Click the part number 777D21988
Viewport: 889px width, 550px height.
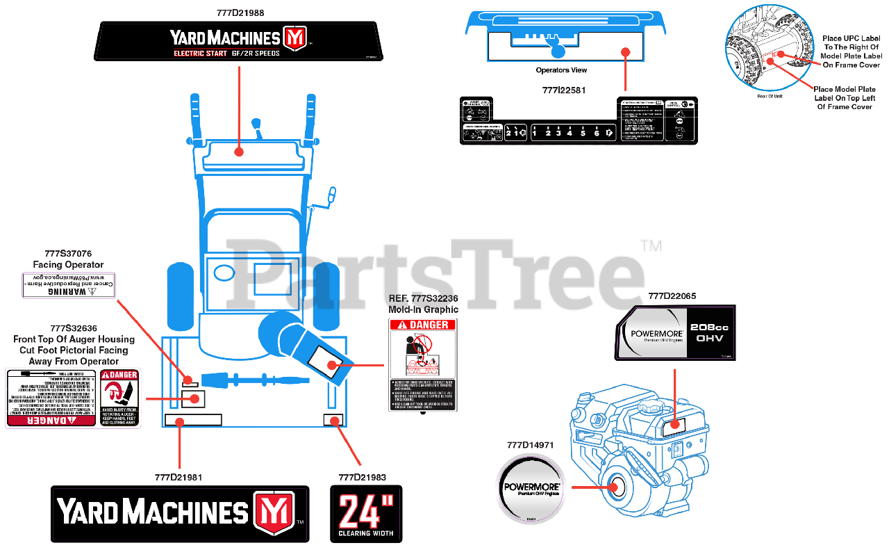pos(240,13)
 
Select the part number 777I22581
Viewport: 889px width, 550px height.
pos(563,90)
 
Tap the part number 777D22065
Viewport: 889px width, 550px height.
pos(672,296)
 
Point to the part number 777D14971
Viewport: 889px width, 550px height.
pos(530,445)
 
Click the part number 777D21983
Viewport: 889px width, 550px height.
pos(362,477)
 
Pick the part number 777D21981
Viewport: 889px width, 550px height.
pos(178,477)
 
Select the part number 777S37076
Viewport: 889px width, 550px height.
pos(68,254)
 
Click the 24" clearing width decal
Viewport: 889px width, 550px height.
pos(365,514)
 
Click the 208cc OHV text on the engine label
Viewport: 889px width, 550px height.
pos(707,332)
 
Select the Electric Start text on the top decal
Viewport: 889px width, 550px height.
pos(200,54)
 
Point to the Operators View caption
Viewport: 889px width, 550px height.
pos(561,70)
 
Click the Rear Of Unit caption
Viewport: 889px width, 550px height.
pos(769,96)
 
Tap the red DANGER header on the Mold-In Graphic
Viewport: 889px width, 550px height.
pos(422,325)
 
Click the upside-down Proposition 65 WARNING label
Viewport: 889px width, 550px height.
pos(68,286)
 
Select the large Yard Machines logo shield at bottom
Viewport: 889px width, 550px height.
pos(274,512)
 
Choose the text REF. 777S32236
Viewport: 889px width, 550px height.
pos(423,298)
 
